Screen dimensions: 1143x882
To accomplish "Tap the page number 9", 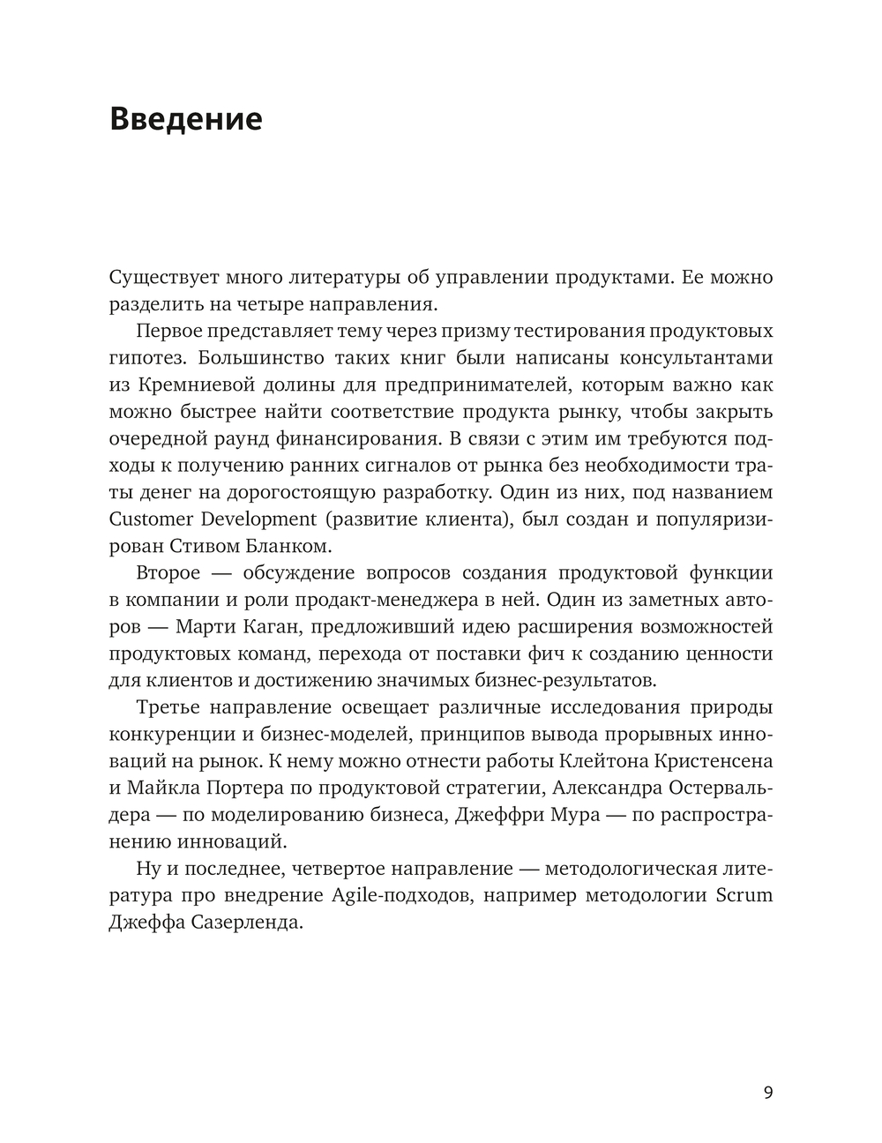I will click(x=768, y=1093).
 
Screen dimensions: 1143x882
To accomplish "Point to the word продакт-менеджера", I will click(x=376, y=600).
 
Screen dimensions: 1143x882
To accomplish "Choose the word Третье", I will click(x=170, y=708).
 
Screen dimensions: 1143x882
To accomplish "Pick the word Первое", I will click(x=170, y=332).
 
